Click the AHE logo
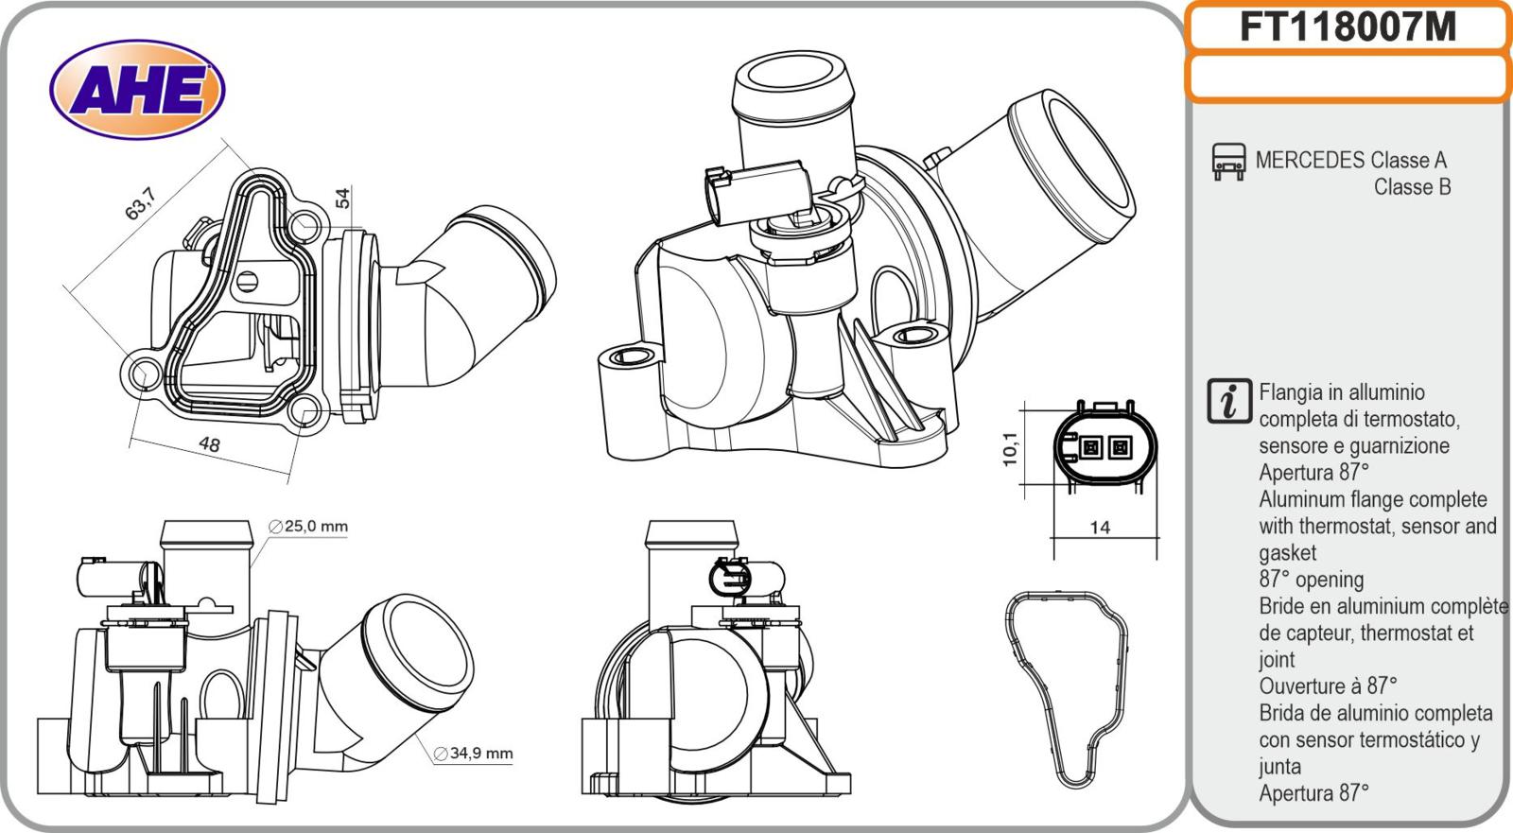click(137, 90)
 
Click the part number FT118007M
click(1348, 27)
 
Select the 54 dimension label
click(342, 198)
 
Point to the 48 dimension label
click(210, 443)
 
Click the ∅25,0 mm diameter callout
click(308, 527)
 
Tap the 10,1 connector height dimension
click(1010, 448)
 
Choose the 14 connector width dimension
click(1099, 528)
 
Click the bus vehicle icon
click(1228, 162)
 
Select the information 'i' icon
click(1228, 401)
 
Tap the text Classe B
click(1412, 186)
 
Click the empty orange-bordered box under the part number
click(1348, 78)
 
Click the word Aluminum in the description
click(1300, 499)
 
